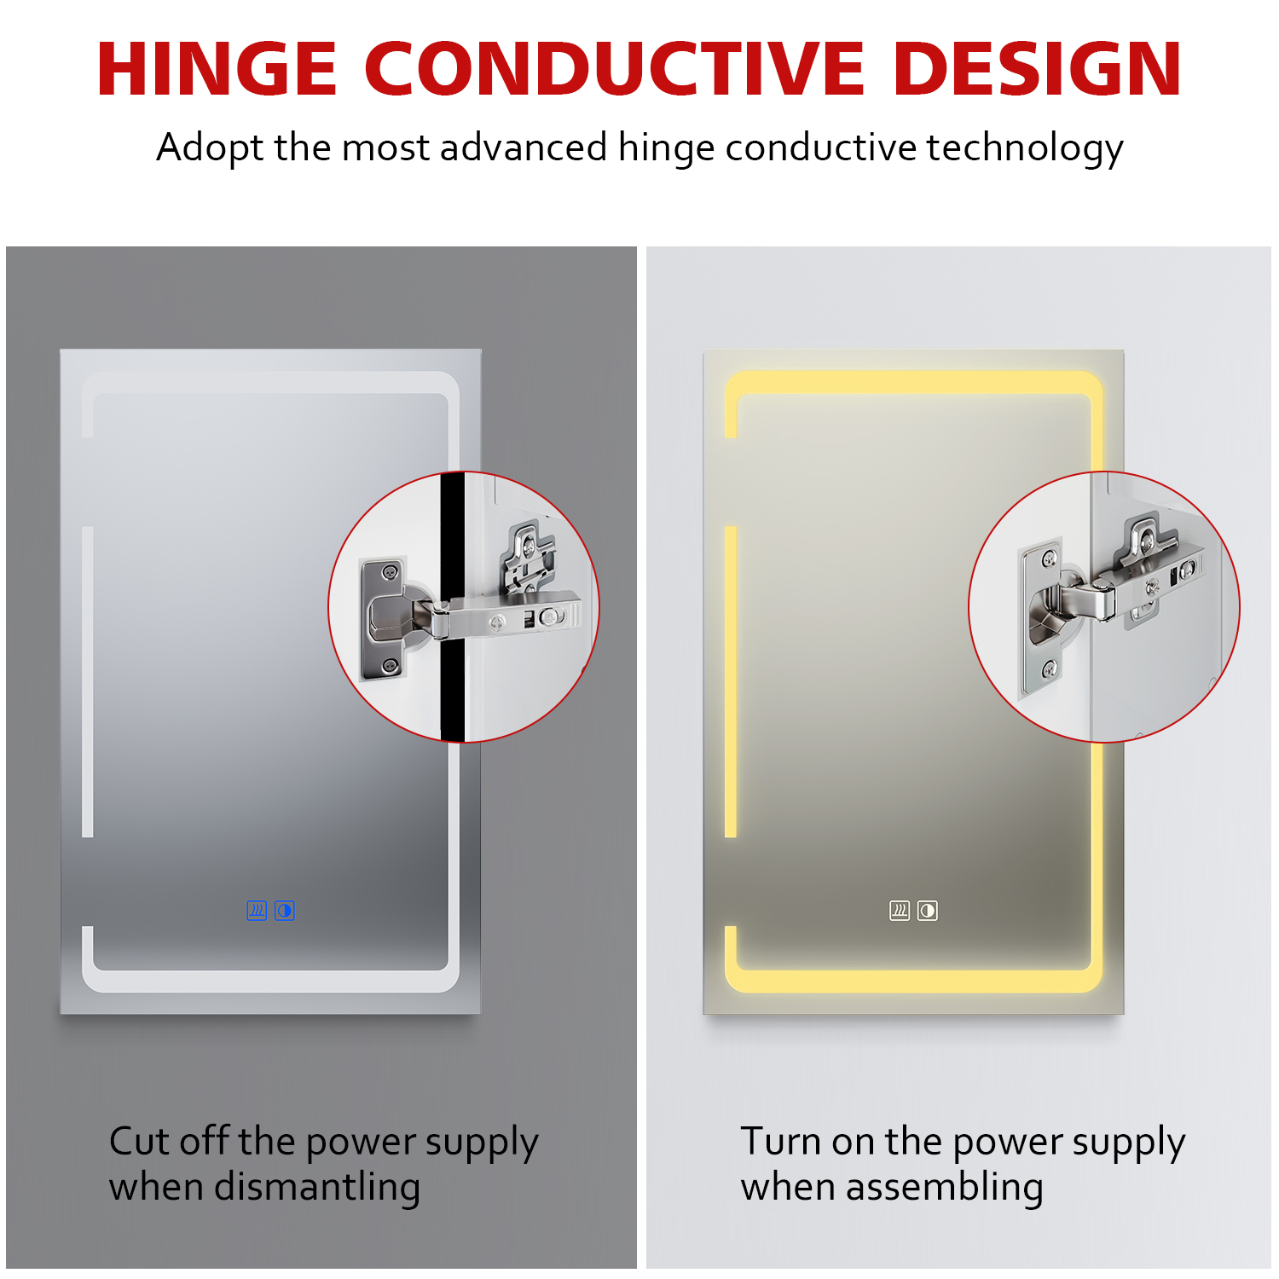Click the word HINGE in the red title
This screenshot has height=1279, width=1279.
click(x=217, y=68)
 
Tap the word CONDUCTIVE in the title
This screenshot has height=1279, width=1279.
click(x=615, y=68)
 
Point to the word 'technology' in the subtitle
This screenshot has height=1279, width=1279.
click(x=1025, y=148)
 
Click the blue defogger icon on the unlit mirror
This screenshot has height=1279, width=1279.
click(x=257, y=911)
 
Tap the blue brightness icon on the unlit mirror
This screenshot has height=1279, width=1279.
click(x=285, y=911)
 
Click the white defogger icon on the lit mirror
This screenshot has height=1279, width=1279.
click(x=900, y=911)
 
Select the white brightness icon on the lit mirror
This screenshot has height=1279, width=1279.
click(x=928, y=911)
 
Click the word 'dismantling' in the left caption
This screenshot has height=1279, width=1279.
click(x=317, y=1187)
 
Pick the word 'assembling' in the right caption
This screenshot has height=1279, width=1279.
click(x=945, y=1187)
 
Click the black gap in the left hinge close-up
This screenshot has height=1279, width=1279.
click(x=453, y=606)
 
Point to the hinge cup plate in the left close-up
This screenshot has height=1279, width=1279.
click(x=383, y=618)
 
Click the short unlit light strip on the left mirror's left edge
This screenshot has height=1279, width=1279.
click(x=87, y=682)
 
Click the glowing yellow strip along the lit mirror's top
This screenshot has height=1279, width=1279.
click(x=913, y=383)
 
